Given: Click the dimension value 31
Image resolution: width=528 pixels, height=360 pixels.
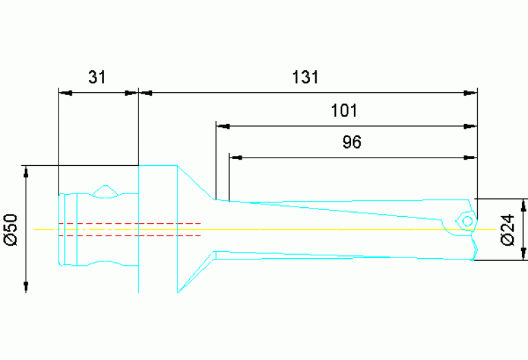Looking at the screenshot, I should tap(97, 76).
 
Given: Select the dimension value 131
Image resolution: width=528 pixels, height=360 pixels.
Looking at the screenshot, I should tap(305, 76).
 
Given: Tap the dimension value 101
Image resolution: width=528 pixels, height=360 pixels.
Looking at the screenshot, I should tap(345, 111).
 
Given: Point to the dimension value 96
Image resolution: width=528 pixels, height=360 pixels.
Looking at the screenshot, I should tap(351, 142).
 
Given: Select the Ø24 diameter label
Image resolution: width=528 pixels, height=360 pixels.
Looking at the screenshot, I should tap(508, 229).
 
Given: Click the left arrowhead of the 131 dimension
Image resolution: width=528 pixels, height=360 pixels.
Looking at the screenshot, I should tap(145, 92).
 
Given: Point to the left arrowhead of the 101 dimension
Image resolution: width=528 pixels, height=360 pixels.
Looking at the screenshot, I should tap(222, 127).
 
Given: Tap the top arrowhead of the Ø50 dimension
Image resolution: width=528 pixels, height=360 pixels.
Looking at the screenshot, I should tap(26, 171).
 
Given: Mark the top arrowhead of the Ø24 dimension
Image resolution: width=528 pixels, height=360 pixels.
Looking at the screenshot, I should tap(525, 204).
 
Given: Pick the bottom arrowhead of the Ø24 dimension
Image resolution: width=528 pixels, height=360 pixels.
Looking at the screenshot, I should tap(525, 254).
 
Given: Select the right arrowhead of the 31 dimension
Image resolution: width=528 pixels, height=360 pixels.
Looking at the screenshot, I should tap(132, 92).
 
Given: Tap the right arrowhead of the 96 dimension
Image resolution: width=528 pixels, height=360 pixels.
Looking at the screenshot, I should tap(470, 158).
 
